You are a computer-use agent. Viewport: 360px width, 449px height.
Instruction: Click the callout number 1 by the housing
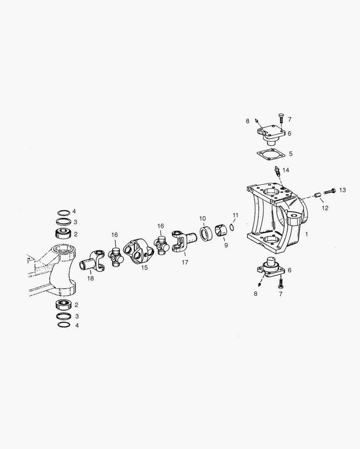(307, 234)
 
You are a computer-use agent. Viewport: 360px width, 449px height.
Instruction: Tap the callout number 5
(290, 154)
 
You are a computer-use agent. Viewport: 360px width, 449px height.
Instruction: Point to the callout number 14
(286, 170)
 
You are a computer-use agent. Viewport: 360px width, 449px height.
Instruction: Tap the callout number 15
(144, 268)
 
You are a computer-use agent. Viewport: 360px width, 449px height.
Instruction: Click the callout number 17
(185, 262)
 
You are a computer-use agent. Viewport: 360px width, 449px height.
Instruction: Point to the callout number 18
(91, 278)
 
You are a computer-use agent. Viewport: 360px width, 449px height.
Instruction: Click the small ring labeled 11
(232, 227)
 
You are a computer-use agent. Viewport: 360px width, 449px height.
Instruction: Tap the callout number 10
(202, 218)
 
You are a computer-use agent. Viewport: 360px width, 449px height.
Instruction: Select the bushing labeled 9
(221, 231)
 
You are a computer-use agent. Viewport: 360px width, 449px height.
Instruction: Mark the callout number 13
(342, 190)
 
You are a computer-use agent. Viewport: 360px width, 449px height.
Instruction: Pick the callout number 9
(226, 245)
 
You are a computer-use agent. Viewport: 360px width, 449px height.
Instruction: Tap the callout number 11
(236, 215)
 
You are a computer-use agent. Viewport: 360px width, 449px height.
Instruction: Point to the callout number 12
(325, 208)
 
